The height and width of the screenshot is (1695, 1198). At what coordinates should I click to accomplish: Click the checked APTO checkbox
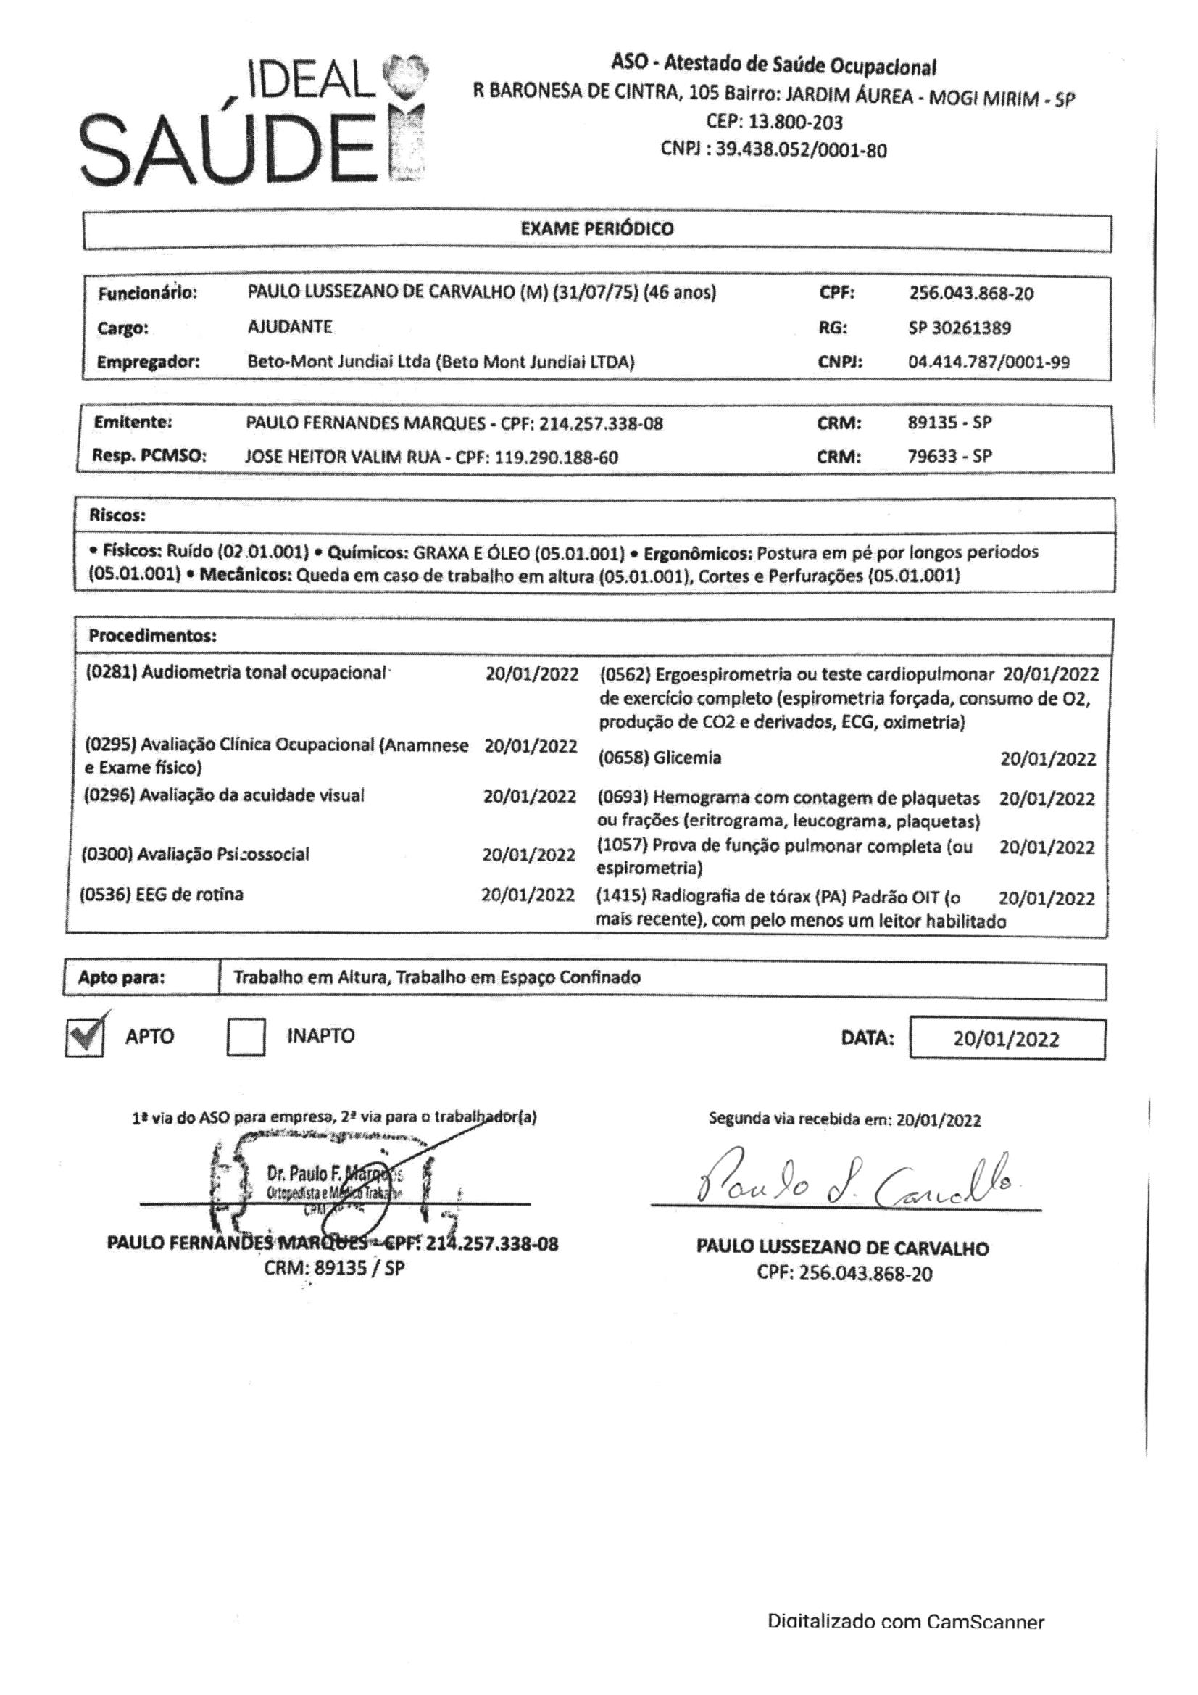(x=84, y=1037)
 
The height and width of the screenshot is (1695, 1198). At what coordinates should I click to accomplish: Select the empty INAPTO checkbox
(x=246, y=1037)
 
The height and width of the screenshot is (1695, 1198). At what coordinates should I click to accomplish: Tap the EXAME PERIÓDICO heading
(x=596, y=229)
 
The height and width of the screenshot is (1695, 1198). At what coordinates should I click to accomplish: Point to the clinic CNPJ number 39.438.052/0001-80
(x=801, y=151)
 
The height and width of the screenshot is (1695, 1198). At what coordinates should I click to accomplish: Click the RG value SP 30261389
(x=960, y=328)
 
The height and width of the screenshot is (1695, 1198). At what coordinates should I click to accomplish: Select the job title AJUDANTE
(x=290, y=326)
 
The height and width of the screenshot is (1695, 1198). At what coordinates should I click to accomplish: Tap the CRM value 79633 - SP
(x=949, y=456)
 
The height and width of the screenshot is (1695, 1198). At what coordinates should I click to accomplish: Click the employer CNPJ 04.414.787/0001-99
(x=989, y=362)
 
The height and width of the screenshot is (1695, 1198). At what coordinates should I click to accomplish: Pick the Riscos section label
(x=117, y=515)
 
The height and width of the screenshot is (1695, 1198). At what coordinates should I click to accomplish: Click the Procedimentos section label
(x=153, y=636)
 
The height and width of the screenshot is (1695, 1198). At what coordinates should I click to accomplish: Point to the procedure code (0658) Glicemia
(x=660, y=758)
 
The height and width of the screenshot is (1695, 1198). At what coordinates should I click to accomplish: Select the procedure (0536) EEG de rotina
(x=162, y=895)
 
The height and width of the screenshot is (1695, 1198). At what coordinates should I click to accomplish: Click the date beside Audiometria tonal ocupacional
(x=531, y=674)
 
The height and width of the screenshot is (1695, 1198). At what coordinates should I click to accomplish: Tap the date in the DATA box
(x=1005, y=1040)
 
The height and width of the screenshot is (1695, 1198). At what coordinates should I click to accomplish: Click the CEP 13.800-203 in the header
(x=774, y=122)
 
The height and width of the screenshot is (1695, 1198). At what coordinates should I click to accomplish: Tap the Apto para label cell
(x=122, y=978)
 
